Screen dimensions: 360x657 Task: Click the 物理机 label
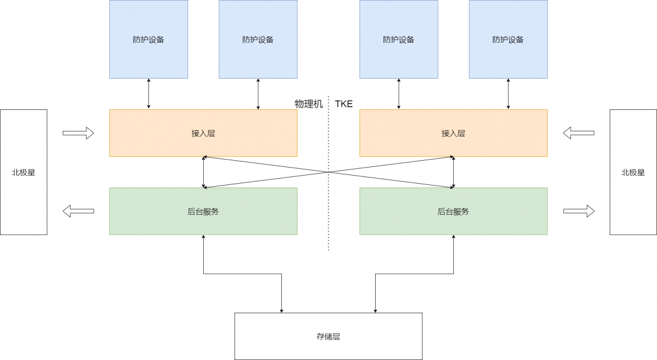tap(308, 104)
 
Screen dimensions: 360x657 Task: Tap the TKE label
tap(344, 104)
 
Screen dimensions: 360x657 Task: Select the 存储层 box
tap(328, 336)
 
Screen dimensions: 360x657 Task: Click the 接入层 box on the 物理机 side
tap(203, 133)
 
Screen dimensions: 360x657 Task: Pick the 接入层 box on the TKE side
tap(453, 133)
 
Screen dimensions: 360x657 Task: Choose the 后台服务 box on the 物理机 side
tap(203, 211)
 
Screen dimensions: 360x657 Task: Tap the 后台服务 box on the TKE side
tap(453, 211)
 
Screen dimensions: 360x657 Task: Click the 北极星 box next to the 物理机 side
tap(24, 172)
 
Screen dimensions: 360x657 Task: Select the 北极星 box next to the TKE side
tap(633, 172)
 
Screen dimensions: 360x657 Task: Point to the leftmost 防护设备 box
tap(148, 39)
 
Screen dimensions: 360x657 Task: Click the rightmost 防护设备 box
tap(508, 39)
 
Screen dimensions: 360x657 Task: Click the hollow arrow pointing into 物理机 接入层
tap(78, 133)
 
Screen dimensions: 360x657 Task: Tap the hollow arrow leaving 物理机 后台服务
tap(78, 211)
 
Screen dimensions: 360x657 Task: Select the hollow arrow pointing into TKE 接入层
tap(578, 133)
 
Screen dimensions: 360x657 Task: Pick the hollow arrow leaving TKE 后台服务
tap(578, 211)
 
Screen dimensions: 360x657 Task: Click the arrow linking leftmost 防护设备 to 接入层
tap(148, 93)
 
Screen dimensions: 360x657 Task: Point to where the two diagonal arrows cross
tap(328, 172)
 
